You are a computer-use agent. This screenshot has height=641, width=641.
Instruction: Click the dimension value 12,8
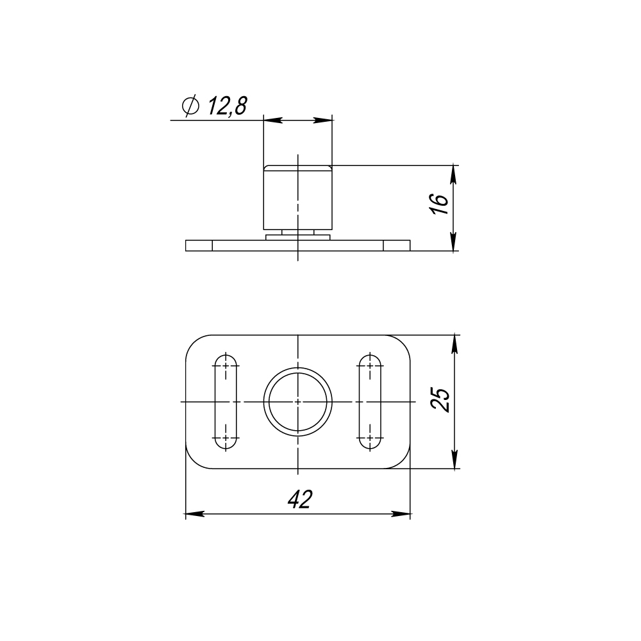pos(228,106)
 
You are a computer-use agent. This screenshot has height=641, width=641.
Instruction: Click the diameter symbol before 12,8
pos(190,106)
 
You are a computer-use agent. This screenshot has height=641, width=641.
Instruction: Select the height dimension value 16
pos(440,204)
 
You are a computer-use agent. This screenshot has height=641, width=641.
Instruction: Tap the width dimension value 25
pos(440,399)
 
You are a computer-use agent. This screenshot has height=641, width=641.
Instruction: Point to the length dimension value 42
pos(299,499)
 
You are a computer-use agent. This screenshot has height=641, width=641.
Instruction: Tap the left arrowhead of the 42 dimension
pos(195,514)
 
